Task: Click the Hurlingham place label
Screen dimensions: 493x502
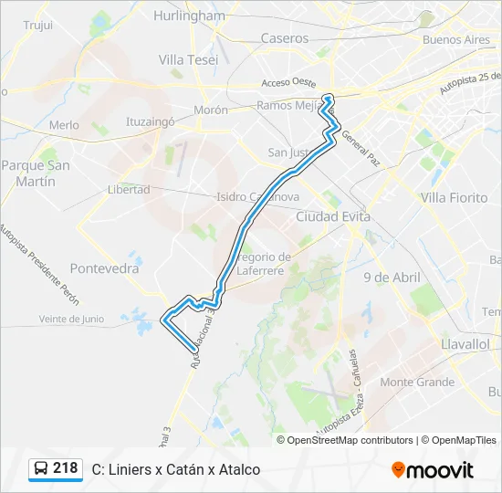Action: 190,16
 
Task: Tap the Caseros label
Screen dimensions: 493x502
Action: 284,38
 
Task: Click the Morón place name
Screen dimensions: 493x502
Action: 210,110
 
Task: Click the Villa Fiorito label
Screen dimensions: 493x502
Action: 454,197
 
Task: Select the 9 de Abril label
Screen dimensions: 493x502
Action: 391,277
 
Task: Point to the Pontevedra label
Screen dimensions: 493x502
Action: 104,269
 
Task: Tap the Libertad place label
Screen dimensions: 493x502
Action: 129,189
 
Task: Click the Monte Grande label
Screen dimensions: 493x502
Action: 417,382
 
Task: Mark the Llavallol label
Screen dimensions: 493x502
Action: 465,344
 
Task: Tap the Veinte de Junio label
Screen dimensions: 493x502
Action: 71,319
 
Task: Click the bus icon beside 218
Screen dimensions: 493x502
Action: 42,469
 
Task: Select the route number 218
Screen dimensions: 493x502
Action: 66,468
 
